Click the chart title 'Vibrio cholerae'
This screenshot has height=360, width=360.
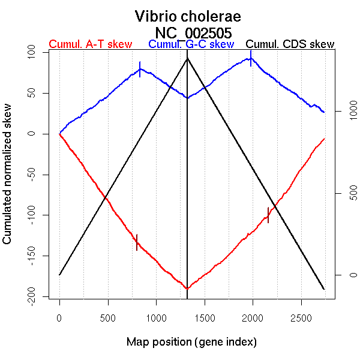pos(188,16)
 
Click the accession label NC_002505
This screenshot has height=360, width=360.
pos(193,32)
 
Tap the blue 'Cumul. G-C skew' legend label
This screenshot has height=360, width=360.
pos(191,44)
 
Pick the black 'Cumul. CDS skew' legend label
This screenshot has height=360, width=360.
pos(290,44)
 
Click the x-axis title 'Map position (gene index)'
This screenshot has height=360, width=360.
pos(191,342)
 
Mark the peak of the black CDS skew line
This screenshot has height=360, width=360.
pos(188,58)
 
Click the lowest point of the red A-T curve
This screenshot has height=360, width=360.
pos(187,289)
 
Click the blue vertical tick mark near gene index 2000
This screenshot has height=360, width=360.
pos(251,58)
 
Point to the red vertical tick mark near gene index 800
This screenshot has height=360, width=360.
pos(137,242)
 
